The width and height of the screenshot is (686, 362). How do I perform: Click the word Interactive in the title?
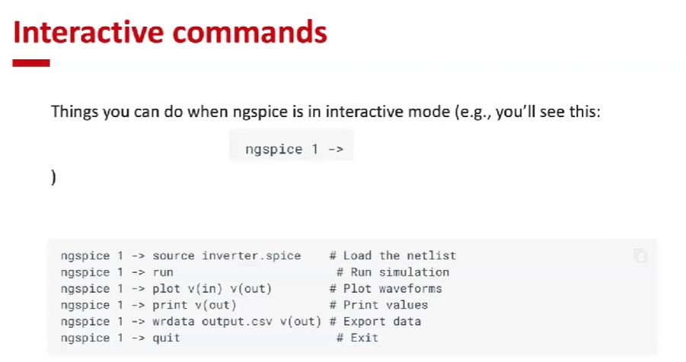pyautogui.click(x=88, y=32)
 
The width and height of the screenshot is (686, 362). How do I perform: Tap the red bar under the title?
pyautogui.click(x=31, y=63)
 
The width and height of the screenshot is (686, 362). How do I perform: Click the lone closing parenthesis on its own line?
pyautogui.click(x=53, y=177)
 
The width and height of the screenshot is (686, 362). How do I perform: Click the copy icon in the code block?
pyautogui.click(x=640, y=256)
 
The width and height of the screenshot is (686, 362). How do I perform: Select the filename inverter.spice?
pyautogui.click(x=251, y=256)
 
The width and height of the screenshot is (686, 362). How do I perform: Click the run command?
pyautogui.click(x=163, y=272)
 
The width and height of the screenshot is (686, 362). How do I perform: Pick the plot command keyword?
pyautogui.click(x=166, y=289)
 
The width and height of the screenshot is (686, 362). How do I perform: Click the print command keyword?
pyautogui.click(x=170, y=305)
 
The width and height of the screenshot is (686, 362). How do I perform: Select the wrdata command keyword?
pyautogui.click(x=174, y=322)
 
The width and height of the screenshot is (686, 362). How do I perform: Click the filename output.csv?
pyautogui.click(x=237, y=322)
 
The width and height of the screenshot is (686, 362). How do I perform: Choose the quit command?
pyautogui.click(x=166, y=338)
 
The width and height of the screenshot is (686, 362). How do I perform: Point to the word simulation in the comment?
pyautogui.click(x=414, y=272)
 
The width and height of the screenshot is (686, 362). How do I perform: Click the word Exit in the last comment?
pyautogui.click(x=365, y=338)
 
